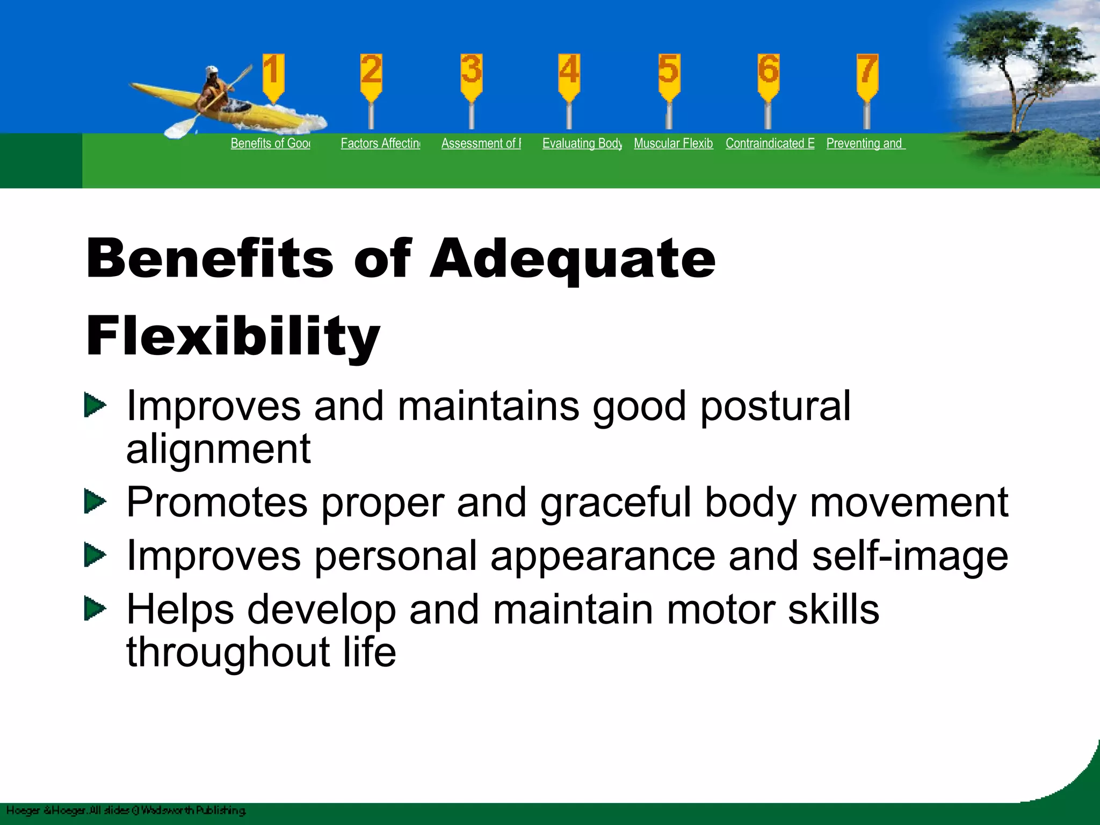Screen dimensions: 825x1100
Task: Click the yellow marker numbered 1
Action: [273, 75]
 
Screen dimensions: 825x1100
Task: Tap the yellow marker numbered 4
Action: [569, 75]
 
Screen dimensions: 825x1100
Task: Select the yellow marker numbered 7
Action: [867, 75]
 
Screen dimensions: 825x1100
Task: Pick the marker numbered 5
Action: [669, 75]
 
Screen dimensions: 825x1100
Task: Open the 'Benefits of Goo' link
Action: [270, 143]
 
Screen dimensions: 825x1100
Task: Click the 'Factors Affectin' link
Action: [380, 143]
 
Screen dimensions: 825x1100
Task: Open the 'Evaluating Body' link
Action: [582, 143]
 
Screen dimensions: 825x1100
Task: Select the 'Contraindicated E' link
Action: [770, 143]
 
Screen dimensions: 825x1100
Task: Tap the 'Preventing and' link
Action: [865, 143]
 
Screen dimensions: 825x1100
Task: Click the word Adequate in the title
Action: [573, 259]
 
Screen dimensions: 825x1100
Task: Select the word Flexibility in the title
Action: [233, 337]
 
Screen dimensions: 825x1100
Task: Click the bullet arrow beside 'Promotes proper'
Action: [95, 502]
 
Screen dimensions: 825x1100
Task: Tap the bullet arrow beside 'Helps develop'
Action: [95, 609]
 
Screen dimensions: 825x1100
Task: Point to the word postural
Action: [775, 407]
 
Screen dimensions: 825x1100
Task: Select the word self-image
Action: [910, 556]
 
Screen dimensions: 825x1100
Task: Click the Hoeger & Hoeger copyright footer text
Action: [126, 810]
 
